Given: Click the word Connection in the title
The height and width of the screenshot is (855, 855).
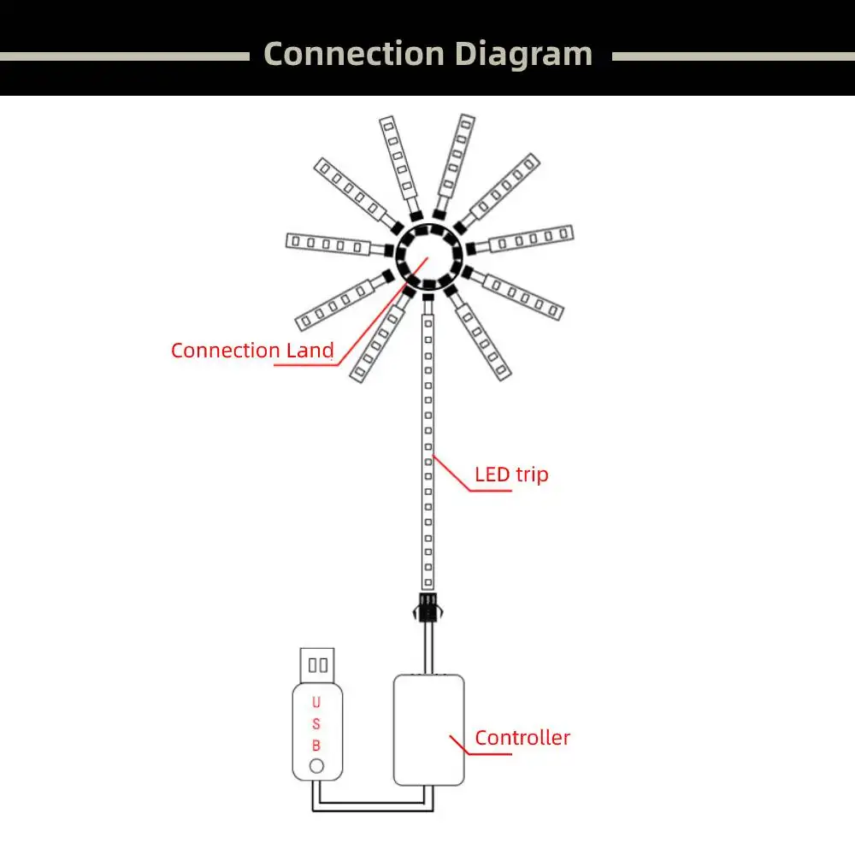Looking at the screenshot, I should pos(353,54).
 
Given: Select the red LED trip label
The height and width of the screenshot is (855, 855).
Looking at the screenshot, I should pos(511,474).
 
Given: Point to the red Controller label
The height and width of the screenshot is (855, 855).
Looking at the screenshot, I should pos(522,738).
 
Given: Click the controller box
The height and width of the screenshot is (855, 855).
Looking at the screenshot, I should pos(428,729).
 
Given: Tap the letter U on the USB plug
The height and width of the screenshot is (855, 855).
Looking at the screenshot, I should pos(315,703).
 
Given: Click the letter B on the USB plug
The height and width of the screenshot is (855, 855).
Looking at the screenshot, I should pos(315,746).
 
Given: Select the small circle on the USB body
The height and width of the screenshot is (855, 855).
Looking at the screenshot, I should pos(316,766).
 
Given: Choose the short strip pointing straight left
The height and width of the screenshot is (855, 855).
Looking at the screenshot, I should pos(327,243).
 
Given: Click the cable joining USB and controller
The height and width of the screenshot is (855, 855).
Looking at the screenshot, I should pos(372,801).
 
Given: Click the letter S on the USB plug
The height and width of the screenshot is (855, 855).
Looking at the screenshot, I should pos(315,724).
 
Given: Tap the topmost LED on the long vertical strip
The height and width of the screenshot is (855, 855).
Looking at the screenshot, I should pos(428,322).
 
